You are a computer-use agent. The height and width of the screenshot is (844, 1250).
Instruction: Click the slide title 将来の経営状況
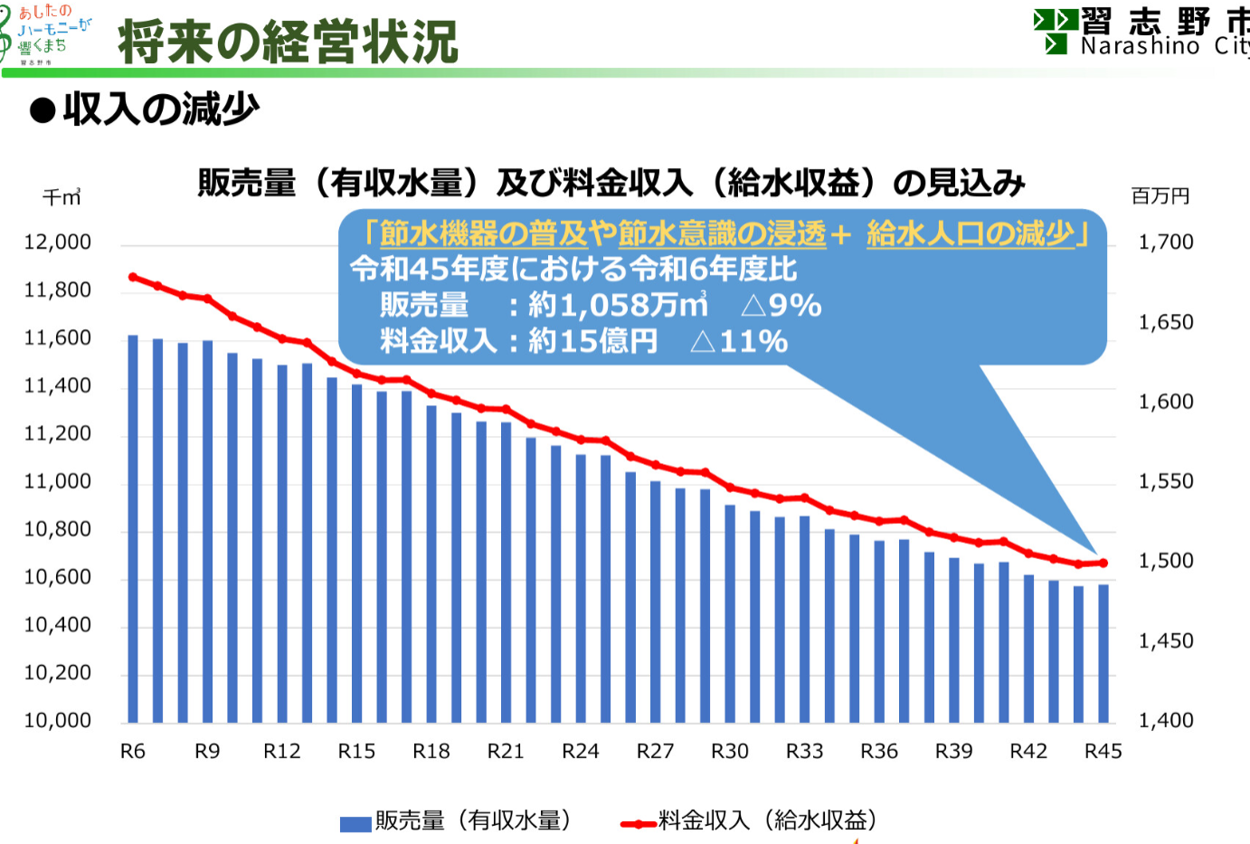[x=288, y=42]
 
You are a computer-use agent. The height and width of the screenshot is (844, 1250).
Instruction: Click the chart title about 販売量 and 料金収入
[x=611, y=184]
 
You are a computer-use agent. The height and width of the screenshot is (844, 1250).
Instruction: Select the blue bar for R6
[x=133, y=528]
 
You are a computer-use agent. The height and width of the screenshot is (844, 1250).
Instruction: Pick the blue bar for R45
[x=1103, y=653]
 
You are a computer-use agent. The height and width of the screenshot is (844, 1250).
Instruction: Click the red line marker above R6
[x=133, y=277]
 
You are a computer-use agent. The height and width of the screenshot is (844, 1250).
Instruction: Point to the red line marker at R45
[x=1103, y=563]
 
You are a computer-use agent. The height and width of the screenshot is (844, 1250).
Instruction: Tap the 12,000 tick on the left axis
[x=58, y=242]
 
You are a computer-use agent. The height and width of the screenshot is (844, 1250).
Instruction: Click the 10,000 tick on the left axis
[x=58, y=721]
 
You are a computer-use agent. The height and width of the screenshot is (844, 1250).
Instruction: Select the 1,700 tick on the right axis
[x=1166, y=242]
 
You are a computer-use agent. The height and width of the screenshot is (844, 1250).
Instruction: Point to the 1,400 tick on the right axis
[x=1166, y=721]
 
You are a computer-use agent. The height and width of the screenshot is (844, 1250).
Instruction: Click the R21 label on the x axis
[x=506, y=752]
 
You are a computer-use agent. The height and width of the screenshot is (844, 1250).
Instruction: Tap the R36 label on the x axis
[x=879, y=752]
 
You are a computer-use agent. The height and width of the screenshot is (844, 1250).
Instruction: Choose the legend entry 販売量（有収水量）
[x=457, y=821]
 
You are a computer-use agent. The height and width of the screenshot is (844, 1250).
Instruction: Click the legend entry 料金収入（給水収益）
[x=750, y=821]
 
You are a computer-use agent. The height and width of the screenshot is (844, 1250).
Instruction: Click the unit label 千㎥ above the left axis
[x=62, y=197]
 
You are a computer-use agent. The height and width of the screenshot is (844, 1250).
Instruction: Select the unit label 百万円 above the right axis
[x=1160, y=196]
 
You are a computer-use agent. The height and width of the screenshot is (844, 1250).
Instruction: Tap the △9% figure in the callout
[x=781, y=306]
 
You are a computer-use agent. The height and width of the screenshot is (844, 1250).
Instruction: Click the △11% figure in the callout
[x=739, y=342]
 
